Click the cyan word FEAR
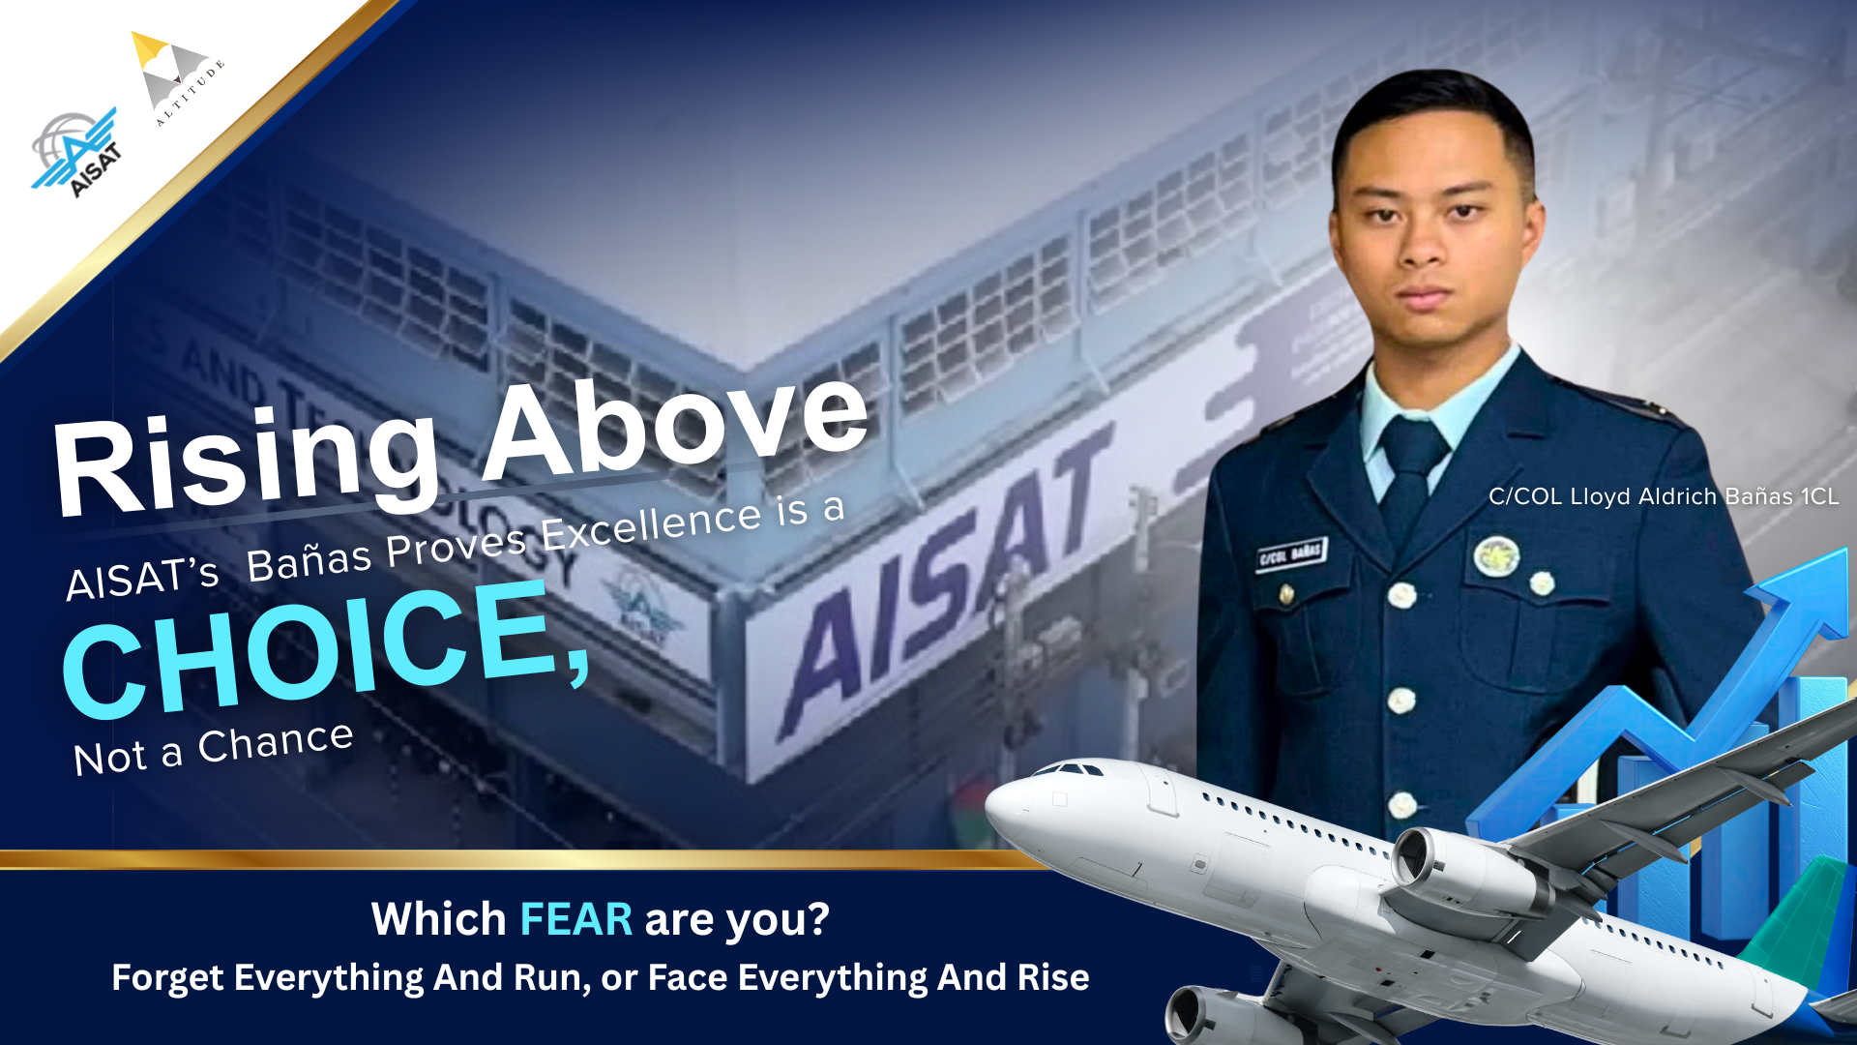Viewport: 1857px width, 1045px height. pos(575,919)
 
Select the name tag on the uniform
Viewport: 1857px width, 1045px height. pos(1291,554)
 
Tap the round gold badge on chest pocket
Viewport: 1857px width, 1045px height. pos(1496,556)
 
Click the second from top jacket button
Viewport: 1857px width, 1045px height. pos(1401,699)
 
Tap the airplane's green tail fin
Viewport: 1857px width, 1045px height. pos(1799,919)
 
